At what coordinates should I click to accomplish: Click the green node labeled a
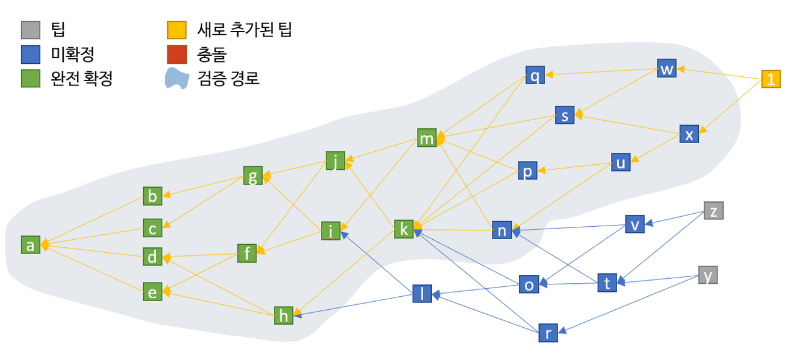click(x=30, y=245)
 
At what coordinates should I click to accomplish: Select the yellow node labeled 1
click(x=771, y=79)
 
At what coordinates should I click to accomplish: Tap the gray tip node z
click(x=713, y=211)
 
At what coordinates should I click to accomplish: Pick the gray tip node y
click(x=708, y=275)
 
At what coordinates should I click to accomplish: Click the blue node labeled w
click(x=667, y=68)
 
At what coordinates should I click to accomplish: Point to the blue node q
click(x=535, y=75)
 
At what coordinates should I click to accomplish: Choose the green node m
click(x=427, y=138)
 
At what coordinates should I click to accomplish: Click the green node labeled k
click(x=403, y=229)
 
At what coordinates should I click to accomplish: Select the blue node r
click(x=548, y=333)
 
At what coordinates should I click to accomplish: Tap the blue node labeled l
click(x=422, y=294)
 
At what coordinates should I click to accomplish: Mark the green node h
click(x=284, y=315)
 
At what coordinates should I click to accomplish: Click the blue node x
click(x=689, y=134)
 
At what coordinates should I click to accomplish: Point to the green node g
click(x=253, y=175)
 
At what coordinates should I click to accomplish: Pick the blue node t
click(x=607, y=283)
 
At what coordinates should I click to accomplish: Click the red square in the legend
click(x=177, y=55)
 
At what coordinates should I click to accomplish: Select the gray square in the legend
click(x=31, y=30)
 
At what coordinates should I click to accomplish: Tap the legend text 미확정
click(x=72, y=54)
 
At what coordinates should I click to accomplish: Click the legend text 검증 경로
click(x=229, y=78)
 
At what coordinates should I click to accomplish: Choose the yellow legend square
click(x=177, y=30)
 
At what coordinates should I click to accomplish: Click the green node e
click(x=152, y=292)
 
